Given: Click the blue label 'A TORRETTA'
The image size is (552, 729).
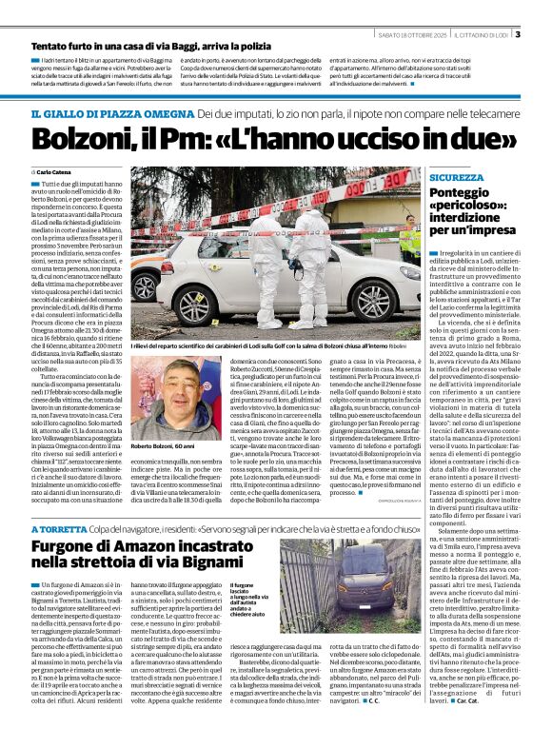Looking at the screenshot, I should [x=61, y=528].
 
